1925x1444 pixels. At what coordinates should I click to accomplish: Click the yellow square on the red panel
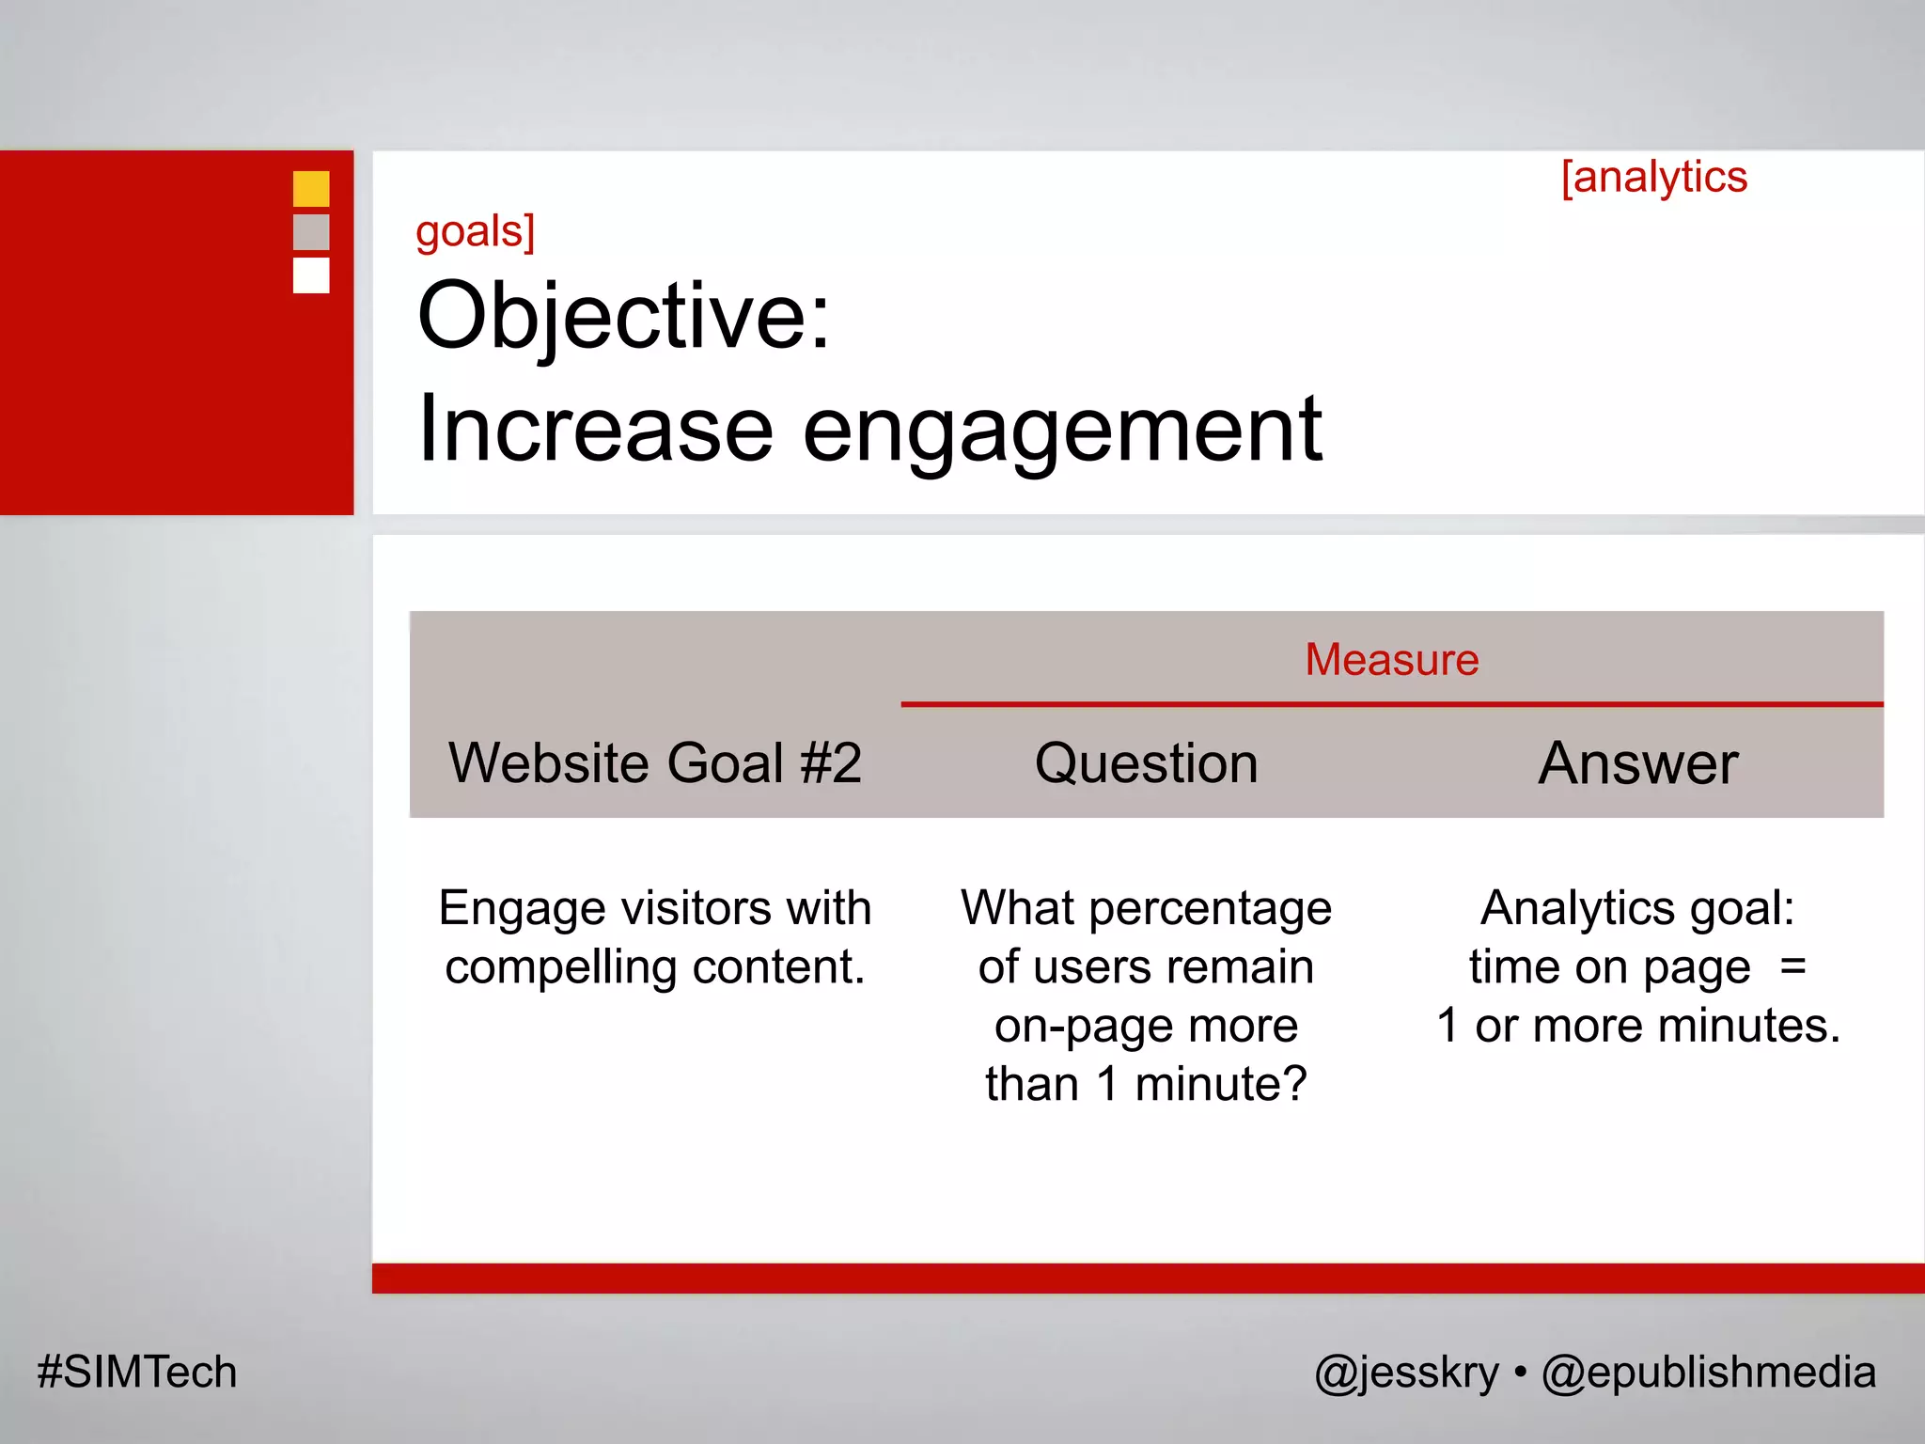click(311, 188)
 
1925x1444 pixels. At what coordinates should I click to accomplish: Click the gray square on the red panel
click(311, 232)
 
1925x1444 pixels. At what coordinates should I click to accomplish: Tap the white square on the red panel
click(311, 275)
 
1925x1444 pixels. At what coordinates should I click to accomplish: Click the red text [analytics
click(1653, 178)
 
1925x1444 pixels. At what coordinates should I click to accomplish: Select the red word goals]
click(475, 231)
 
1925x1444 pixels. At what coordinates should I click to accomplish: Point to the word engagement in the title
click(1062, 431)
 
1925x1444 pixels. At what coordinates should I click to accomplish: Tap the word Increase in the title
click(595, 429)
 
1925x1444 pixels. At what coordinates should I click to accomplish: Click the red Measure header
click(1391, 660)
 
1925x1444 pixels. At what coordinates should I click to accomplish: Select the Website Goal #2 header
click(654, 762)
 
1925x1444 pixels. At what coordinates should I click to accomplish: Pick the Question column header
click(1146, 762)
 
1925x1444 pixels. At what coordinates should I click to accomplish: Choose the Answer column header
click(1637, 762)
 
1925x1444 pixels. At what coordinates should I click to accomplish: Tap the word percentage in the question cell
click(1210, 909)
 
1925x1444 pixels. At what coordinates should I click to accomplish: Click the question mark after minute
click(1293, 1083)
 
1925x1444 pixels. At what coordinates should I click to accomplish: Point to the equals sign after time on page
click(1792, 966)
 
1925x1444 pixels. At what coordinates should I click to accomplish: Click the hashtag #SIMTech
click(137, 1372)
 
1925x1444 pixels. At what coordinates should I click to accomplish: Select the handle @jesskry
click(1406, 1373)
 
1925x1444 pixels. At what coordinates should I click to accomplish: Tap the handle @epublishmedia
click(1708, 1373)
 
